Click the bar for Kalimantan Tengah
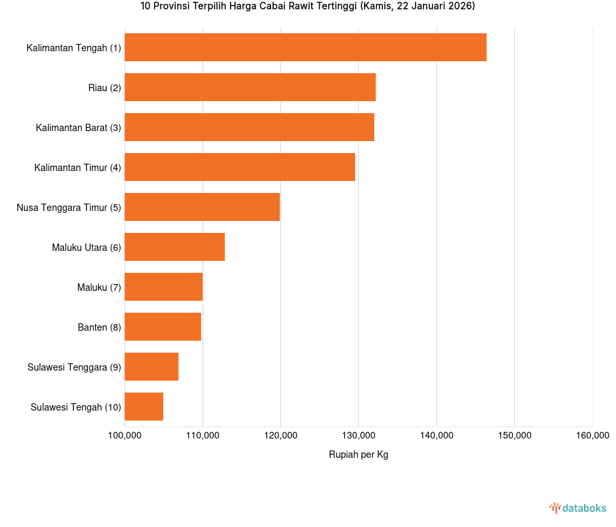305,47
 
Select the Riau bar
250,87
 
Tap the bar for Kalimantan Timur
240,167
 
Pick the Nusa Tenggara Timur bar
202,207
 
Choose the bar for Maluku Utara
174,247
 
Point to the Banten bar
162,327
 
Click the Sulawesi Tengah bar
144,407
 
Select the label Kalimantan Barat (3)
79,128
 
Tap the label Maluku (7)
99,287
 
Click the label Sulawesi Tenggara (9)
75,367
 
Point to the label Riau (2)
105,88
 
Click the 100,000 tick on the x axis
125,436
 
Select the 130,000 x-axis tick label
358,436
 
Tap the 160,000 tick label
592,436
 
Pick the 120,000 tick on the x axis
280,436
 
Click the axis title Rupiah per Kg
358,454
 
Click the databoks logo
577,508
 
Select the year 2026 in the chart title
459,7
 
